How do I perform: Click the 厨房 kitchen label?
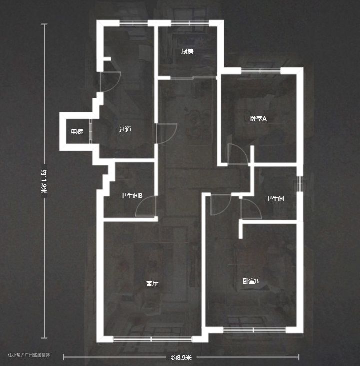(x=187, y=52)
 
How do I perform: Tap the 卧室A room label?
(x=258, y=119)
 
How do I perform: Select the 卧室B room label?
(x=251, y=281)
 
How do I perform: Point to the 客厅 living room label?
(x=152, y=284)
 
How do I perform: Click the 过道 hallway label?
(x=125, y=129)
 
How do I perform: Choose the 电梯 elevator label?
(x=77, y=132)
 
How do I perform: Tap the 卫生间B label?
(x=131, y=196)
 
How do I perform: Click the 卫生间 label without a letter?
(x=275, y=199)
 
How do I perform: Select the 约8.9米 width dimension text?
(x=181, y=357)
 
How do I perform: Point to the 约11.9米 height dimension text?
(x=44, y=181)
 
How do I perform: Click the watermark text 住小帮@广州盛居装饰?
(x=29, y=355)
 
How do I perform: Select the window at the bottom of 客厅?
(x=152, y=339)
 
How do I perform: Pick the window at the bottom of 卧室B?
(x=254, y=330)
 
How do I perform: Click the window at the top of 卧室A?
(x=261, y=71)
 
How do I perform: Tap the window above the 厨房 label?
(x=190, y=23)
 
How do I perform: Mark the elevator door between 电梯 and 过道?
(x=91, y=131)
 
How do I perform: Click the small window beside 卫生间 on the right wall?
(x=300, y=184)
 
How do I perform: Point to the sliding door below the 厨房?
(x=194, y=77)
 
